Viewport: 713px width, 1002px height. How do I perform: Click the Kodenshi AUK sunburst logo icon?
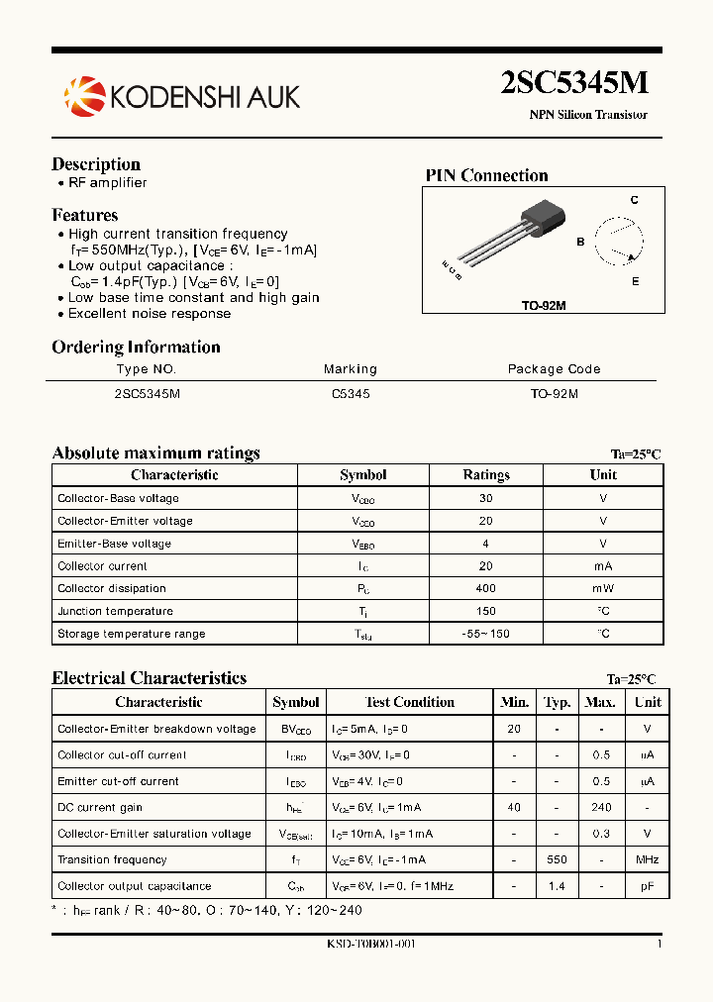coord(84,95)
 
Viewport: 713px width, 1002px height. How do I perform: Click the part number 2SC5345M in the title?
coord(574,82)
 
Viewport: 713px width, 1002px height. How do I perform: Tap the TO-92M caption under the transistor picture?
coord(544,306)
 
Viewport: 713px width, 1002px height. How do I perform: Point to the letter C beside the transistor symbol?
coord(635,200)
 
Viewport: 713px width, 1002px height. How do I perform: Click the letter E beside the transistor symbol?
coord(635,281)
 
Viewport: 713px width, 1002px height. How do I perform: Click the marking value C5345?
coord(351,393)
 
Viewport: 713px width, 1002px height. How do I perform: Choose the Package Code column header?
coord(554,369)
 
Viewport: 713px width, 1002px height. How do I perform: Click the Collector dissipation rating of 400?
coord(486,588)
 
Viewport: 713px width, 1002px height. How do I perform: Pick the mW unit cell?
coord(603,588)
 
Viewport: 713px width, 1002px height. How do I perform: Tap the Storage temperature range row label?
coord(132,634)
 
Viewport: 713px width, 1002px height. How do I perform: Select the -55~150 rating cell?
coord(486,634)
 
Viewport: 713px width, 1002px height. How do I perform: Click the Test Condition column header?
coord(410,702)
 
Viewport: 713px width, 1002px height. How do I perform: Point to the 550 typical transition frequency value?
coord(558,859)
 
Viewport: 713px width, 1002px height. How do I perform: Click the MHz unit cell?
coord(648,859)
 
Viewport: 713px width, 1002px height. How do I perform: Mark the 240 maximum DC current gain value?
coord(600,807)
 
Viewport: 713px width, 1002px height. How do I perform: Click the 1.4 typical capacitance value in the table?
coord(558,886)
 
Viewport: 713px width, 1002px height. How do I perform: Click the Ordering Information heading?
coord(136,347)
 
